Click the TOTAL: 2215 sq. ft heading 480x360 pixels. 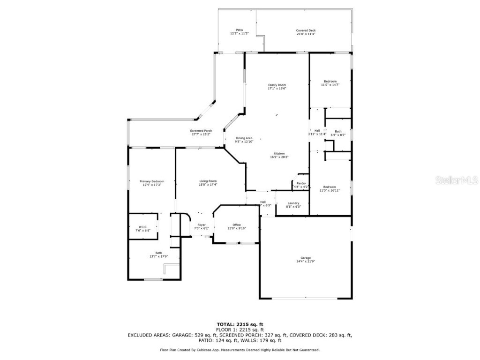240,324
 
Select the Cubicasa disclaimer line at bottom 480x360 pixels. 240,350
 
